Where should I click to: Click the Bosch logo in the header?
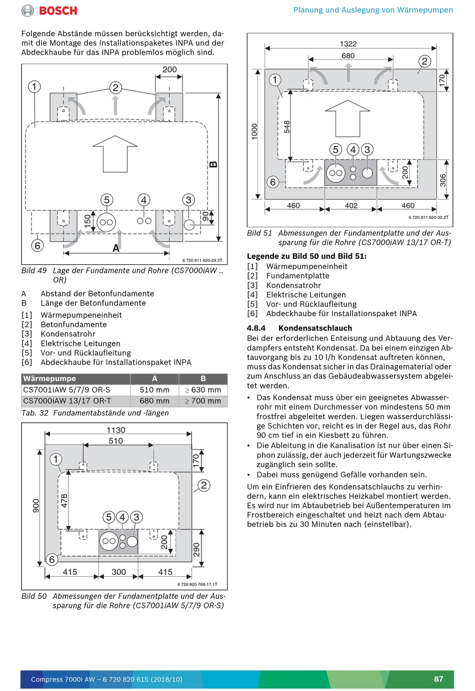(49, 11)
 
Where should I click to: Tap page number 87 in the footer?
(438, 679)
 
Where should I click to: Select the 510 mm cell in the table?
(154, 390)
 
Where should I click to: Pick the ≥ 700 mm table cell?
(203, 401)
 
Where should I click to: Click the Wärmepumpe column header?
(49, 379)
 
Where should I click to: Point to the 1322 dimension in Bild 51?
(348, 44)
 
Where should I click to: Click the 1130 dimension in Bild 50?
(116, 430)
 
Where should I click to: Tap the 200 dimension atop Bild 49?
(169, 70)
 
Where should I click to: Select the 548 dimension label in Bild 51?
(287, 127)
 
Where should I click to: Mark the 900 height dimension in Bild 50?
(36, 505)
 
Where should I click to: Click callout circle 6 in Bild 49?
(37, 245)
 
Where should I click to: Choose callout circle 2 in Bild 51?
(424, 62)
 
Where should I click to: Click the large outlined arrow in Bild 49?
(115, 153)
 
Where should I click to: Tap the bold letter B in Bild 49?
(213, 164)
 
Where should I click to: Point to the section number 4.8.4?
(256, 328)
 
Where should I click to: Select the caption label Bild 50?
(34, 596)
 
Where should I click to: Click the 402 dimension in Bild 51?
(351, 206)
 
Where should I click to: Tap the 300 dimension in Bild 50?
(118, 572)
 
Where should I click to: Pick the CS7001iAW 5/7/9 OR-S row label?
(66, 390)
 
